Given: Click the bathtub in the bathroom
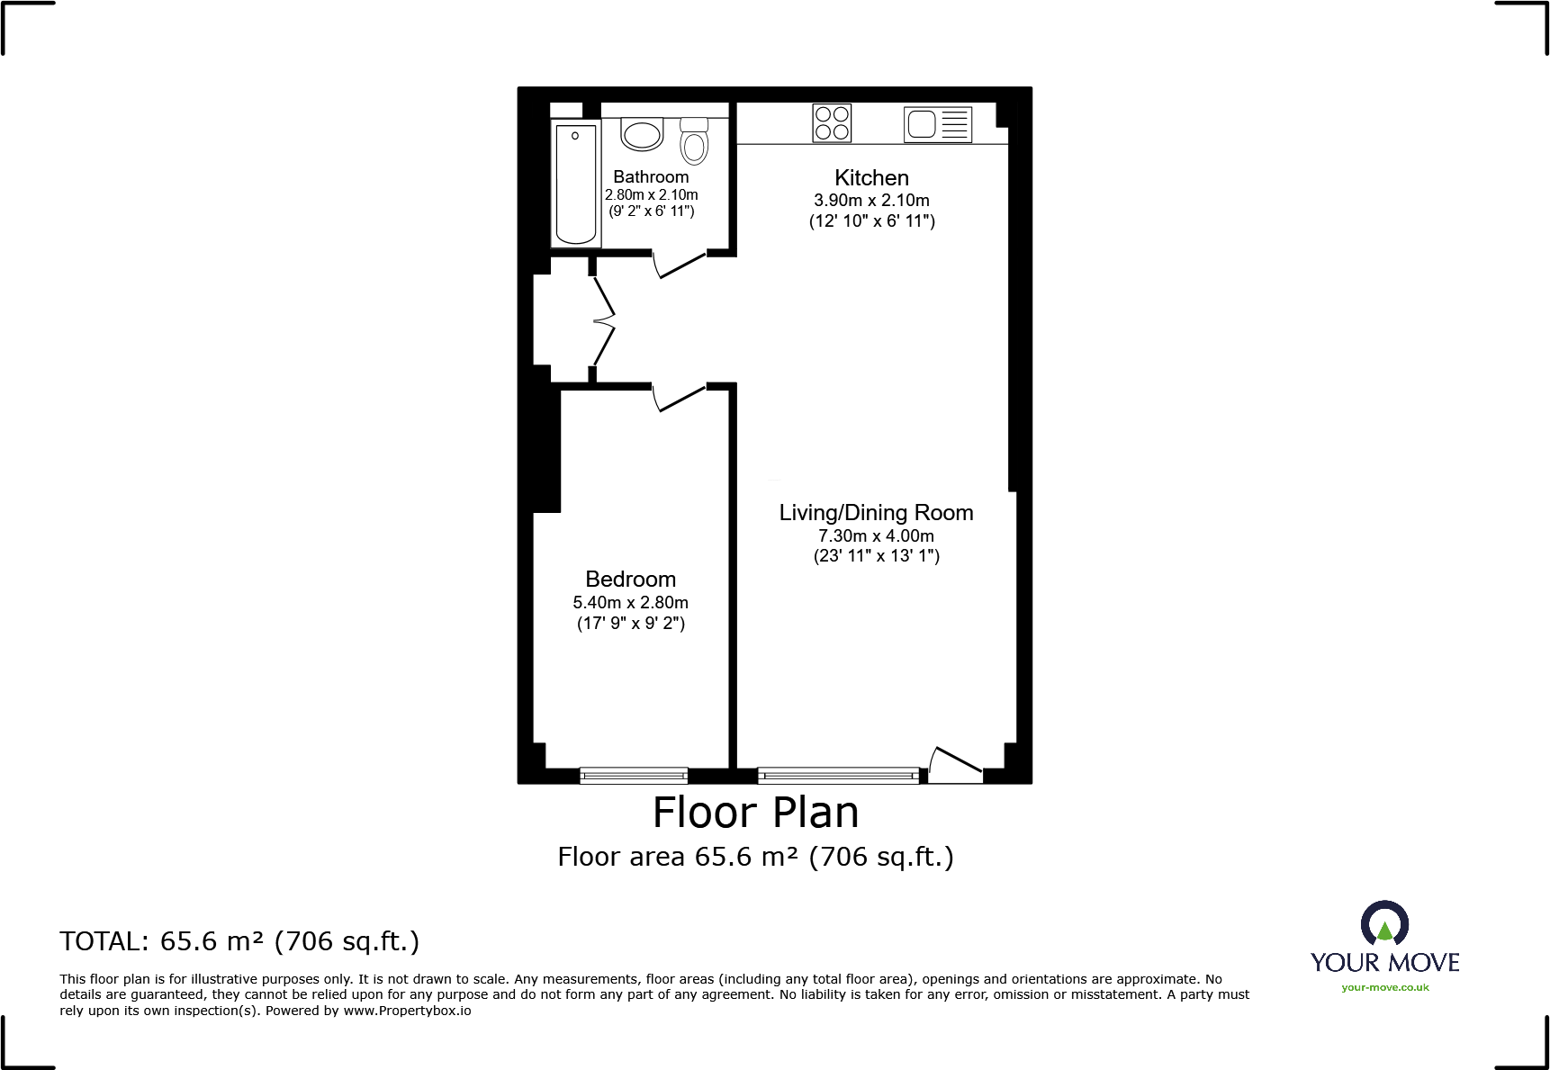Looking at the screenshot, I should point(576,184).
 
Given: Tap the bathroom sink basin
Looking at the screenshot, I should point(642,135).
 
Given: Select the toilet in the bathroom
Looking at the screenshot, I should point(694,141).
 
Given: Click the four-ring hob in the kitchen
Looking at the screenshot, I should point(832,123).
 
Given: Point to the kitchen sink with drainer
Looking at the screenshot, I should point(938,124).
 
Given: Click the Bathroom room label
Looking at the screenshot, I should point(651,177).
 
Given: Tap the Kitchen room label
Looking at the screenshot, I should point(871,178).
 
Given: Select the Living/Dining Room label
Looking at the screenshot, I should point(876,513).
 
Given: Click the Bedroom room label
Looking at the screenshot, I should point(630,580).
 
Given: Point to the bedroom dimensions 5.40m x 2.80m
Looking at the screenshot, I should point(630,603).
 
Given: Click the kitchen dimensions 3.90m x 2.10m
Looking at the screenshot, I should point(871,201).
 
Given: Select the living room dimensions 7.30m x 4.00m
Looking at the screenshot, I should point(876,536).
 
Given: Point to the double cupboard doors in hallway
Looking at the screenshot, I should point(603,319).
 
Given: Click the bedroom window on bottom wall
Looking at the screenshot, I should point(634,775).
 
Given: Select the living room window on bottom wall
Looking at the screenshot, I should point(838,775).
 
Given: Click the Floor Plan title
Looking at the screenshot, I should point(755,813).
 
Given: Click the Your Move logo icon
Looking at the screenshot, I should point(1384,924).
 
